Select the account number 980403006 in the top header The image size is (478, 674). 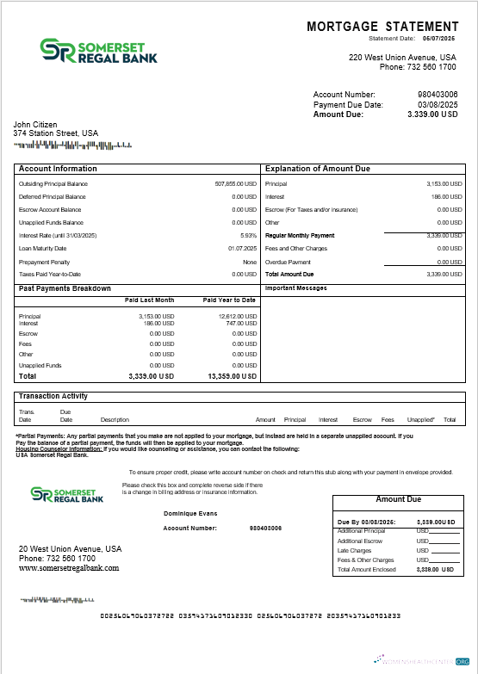(438, 94)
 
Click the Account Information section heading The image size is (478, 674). (58, 169)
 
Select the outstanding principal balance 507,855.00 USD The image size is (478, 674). (235, 183)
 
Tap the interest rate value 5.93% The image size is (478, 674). (249, 235)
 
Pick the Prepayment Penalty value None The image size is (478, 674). (250, 262)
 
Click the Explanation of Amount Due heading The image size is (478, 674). (318, 169)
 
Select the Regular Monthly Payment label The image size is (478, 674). (300, 235)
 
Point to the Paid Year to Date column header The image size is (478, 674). (229, 300)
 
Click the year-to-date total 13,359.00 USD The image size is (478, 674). (232, 376)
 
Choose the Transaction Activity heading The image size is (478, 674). (53, 396)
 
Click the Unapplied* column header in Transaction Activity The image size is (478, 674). (420, 419)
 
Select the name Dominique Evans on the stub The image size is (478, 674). (190, 513)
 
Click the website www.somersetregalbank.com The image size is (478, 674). (69, 568)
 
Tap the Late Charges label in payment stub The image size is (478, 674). (354, 550)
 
